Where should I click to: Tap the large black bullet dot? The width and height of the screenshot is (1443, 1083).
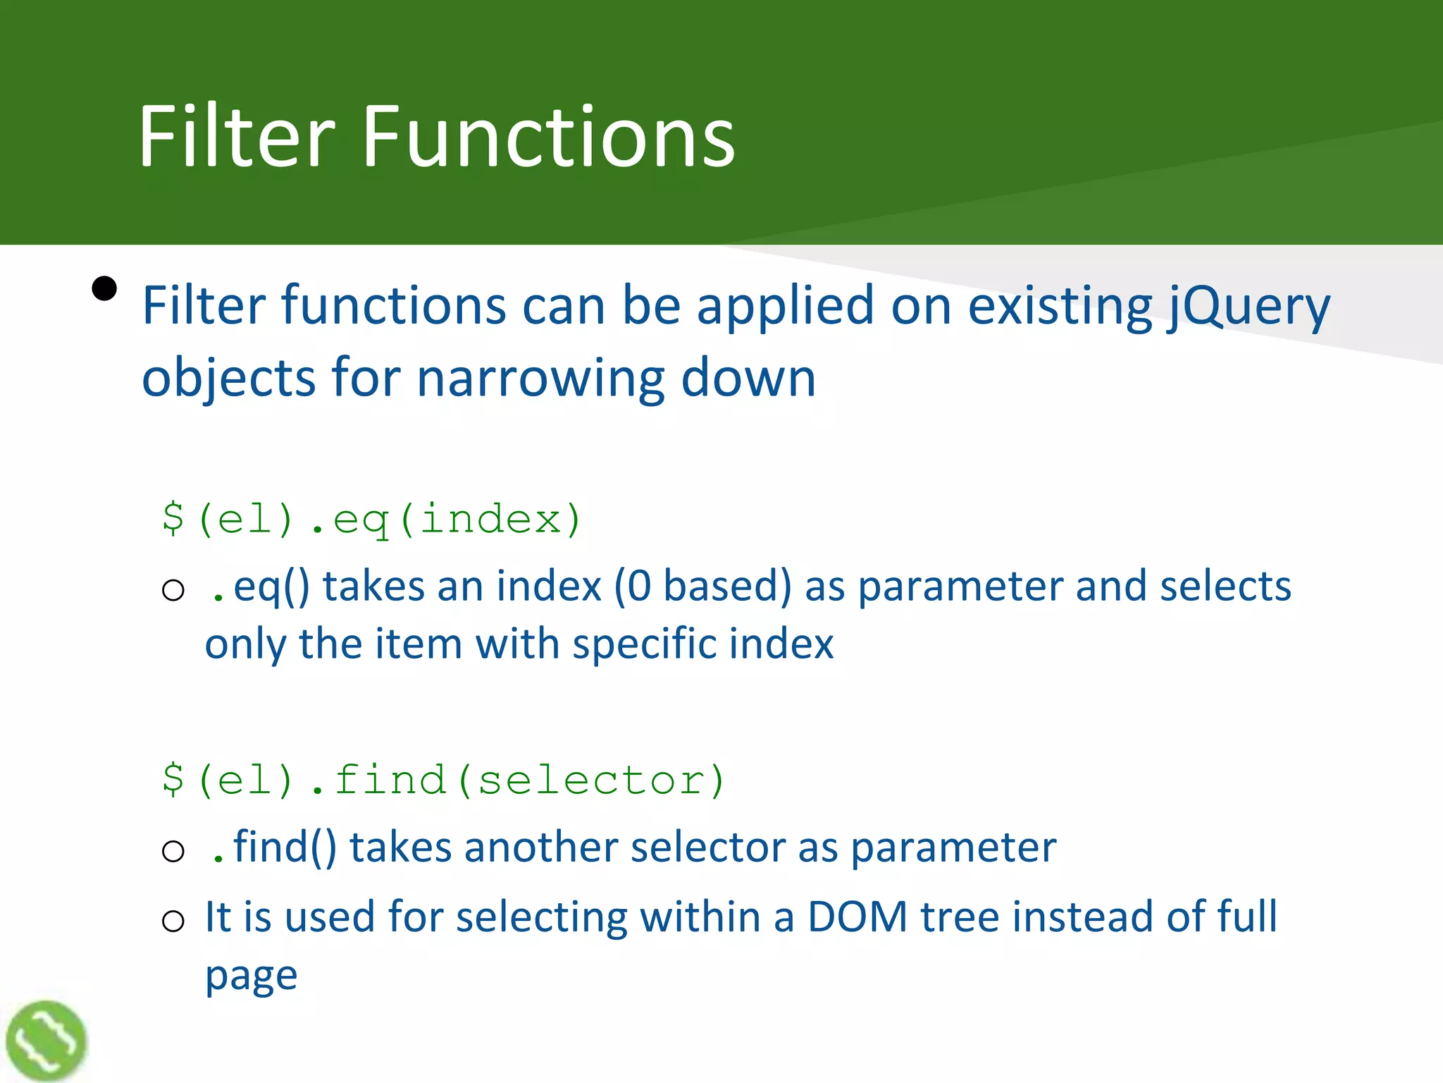tap(104, 288)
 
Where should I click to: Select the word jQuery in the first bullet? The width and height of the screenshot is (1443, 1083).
tap(1247, 307)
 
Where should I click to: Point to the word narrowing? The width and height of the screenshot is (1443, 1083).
tap(540, 379)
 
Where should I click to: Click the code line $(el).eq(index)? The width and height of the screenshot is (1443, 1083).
tap(371, 520)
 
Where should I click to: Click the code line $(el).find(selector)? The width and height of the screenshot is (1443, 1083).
tap(443, 780)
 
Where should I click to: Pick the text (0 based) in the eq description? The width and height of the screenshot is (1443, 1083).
tap(702, 587)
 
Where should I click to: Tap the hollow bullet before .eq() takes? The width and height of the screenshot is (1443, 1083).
tap(173, 589)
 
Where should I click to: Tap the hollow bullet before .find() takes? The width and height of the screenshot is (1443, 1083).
tap(173, 851)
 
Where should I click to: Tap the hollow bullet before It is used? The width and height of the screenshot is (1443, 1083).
tap(173, 921)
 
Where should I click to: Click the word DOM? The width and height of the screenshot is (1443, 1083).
tap(857, 917)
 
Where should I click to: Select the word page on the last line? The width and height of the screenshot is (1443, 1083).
tap(252, 977)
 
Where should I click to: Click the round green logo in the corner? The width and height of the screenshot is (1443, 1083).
tap(47, 1040)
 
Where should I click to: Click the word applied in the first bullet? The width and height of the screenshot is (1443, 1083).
tap(785, 307)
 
